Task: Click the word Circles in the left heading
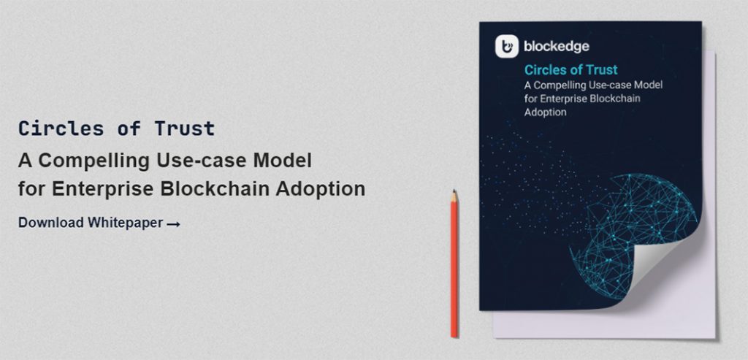pos(61,129)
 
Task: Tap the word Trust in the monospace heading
pos(185,129)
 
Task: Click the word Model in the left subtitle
pos(283,160)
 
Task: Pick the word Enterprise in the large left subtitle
pos(102,189)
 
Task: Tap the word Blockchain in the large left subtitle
pos(215,188)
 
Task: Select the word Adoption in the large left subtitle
pos(321,189)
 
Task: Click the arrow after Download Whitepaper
pos(174,223)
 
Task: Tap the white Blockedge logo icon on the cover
pos(507,46)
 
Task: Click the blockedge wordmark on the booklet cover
pos(556,46)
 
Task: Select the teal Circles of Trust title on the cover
pos(571,69)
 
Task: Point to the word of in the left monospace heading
pos(129,129)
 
